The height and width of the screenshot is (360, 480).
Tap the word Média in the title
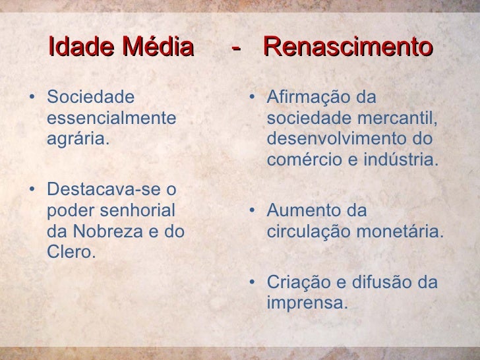coord(158,47)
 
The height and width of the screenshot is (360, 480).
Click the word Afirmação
coord(310,98)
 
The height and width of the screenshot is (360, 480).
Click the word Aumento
coord(302,212)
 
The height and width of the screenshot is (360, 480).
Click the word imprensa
coord(307,304)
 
